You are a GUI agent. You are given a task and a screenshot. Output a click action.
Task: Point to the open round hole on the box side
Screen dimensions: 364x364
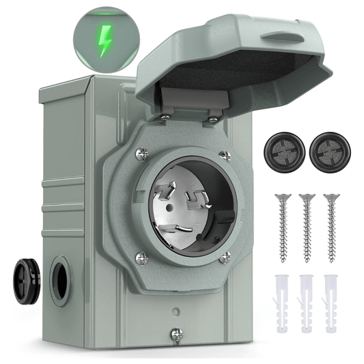tap(59, 280)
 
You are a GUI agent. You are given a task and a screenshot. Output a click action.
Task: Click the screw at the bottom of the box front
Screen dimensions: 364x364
tap(178, 335)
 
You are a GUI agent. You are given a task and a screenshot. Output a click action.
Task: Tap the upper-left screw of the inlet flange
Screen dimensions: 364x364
tap(141, 154)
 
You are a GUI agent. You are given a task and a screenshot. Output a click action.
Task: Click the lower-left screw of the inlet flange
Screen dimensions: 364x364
tap(141, 257)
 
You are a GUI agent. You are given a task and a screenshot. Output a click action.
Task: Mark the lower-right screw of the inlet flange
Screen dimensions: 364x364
tap(225, 257)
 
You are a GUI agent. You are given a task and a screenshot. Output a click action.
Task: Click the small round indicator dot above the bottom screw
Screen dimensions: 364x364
tap(177, 311)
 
